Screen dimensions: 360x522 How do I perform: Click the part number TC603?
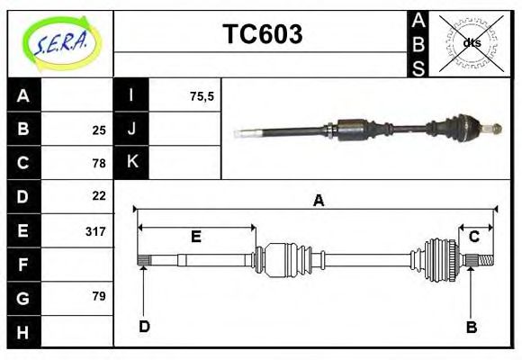(262, 35)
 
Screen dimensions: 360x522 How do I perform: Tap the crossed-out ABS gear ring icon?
(471, 42)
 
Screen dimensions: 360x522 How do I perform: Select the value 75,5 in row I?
(202, 96)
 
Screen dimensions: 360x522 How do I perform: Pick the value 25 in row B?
(99, 130)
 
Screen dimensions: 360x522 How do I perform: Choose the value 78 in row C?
(99, 163)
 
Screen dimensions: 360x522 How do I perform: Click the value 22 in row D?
(99, 195)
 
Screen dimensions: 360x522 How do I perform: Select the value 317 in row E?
(95, 231)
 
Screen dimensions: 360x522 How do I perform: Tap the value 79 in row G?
(99, 296)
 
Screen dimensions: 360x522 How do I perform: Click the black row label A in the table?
(23, 96)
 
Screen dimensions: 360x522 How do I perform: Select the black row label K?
(131, 162)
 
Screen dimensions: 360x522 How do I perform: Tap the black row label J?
(131, 129)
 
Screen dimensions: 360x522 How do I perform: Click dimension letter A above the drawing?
(318, 202)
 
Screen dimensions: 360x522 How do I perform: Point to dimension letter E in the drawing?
(195, 237)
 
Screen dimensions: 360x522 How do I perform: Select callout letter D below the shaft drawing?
(144, 326)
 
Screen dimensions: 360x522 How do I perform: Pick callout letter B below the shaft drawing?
(471, 327)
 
